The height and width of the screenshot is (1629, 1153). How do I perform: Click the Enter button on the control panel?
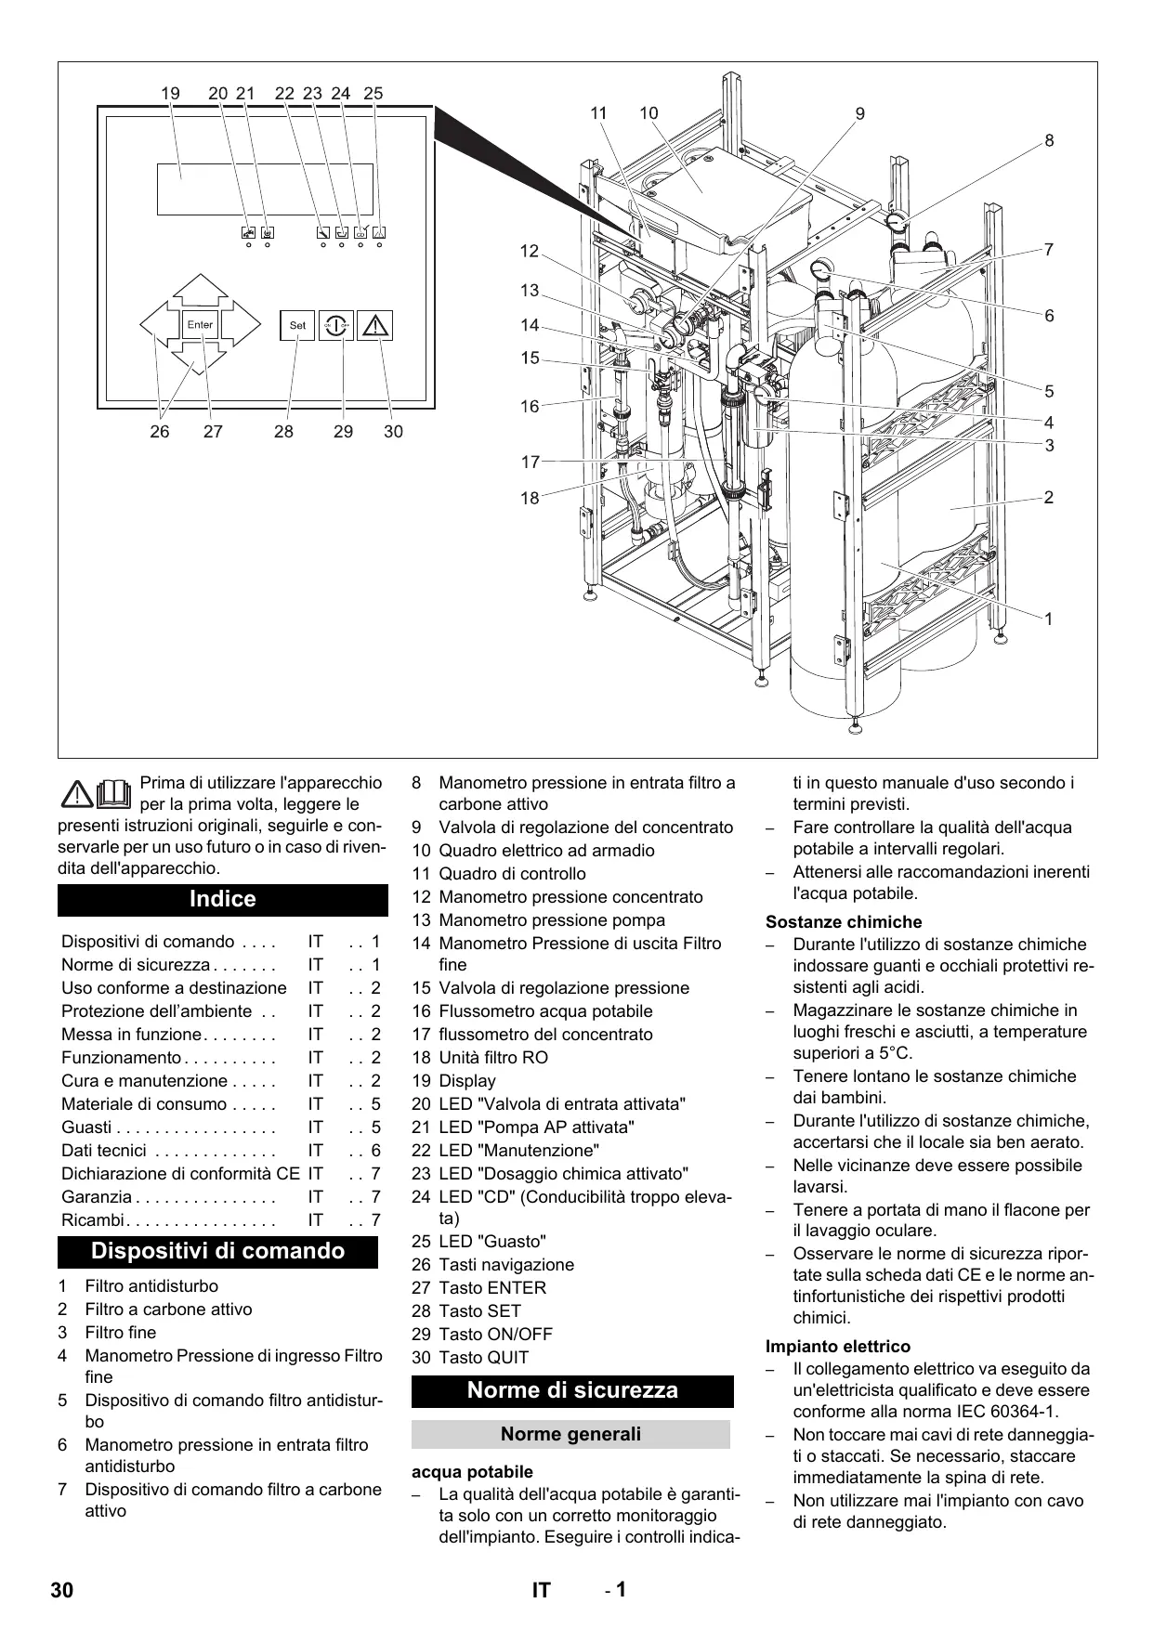pos(200,325)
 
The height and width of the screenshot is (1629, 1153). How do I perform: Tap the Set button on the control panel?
pos(297,325)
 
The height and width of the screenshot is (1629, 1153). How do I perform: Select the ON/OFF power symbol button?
pos(336,325)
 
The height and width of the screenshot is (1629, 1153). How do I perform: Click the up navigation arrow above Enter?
pos(200,290)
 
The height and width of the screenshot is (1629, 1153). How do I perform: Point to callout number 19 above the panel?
pos(170,93)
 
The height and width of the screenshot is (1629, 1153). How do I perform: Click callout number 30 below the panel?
pos(393,432)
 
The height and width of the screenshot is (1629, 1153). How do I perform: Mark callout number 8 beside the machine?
pos(1049,141)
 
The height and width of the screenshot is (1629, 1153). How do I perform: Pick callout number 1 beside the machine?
pos(1049,619)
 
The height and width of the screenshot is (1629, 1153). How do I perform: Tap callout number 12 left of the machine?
pos(530,251)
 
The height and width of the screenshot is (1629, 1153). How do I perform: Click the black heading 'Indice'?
pos(223,899)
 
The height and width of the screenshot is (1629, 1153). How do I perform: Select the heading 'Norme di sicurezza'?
pos(572,1390)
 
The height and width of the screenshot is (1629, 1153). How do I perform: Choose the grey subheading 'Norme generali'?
pos(570,1434)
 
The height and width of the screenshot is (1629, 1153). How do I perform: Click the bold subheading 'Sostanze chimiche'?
pos(844,922)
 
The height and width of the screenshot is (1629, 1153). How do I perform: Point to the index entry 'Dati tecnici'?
pos(104,1151)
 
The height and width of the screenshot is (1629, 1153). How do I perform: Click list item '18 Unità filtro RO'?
pos(480,1058)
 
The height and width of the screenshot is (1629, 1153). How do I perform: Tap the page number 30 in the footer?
pos(61,1590)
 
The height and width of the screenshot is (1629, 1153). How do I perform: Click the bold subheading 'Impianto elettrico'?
pos(838,1347)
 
